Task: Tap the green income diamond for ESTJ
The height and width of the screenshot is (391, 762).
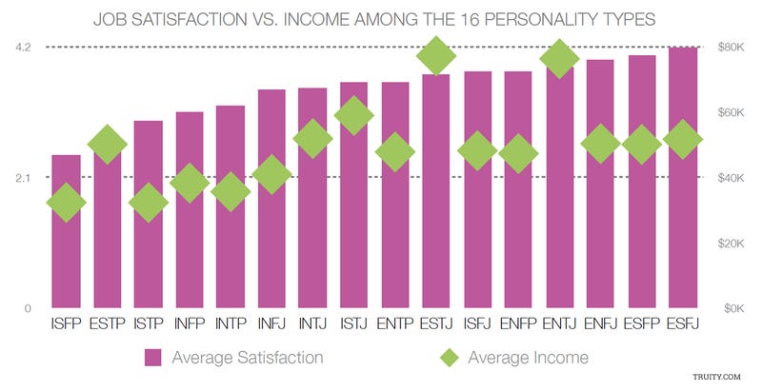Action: (x=436, y=56)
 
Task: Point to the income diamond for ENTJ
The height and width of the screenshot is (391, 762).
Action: (x=560, y=58)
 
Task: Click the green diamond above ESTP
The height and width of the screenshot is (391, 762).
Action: (x=108, y=145)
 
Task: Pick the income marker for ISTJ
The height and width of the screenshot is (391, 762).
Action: (x=354, y=116)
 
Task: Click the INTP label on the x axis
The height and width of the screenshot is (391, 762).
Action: (x=231, y=325)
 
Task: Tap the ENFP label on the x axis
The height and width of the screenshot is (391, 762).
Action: (x=518, y=325)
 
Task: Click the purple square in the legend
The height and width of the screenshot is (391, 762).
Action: (x=153, y=359)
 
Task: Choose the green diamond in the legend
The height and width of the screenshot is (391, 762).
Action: (x=449, y=359)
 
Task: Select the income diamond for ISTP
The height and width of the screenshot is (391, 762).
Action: (x=148, y=204)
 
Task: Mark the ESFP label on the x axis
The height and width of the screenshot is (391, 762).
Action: (x=642, y=325)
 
